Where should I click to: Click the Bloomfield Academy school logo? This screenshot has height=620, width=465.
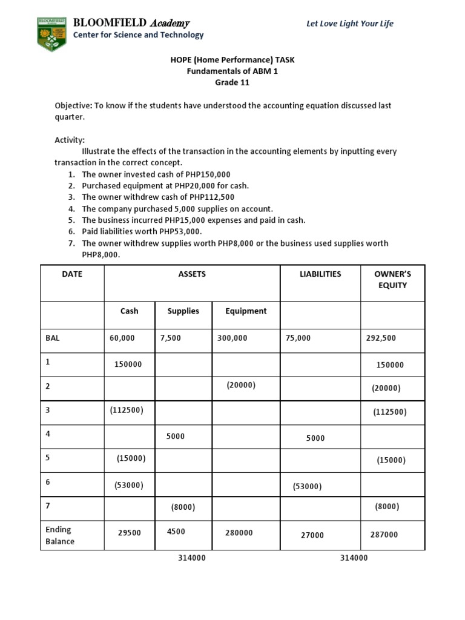pyautogui.click(x=51, y=34)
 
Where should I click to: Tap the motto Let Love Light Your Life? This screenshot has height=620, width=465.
pyautogui.click(x=349, y=24)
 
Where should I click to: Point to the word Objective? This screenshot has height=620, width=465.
pyautogui.click(x=73, y=105)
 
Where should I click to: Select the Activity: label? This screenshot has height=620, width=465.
pyautogui.click(x=70, y=140)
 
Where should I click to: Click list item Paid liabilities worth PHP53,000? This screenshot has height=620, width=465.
pyautogui.click(x=142, y=231)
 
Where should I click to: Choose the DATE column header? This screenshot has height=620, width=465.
pyautogui.click(x=72, y=274)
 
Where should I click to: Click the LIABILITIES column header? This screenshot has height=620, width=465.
pyautogui.click(x=320, y=274)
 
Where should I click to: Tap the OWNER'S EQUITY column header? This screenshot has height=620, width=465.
pyautogui.click(x=392, y=280)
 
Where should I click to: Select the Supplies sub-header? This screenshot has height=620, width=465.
pyautogui.click(x=183, y=311)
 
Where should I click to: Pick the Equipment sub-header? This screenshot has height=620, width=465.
pyautogui.click(x=246, y=311)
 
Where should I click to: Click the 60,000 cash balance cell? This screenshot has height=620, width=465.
pyautogui.click(x=122, y=338)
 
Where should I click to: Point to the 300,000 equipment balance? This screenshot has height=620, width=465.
pyautogui.click(x=232, y=338)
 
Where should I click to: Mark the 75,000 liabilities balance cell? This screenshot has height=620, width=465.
pyautogui.click(x=298, y=338)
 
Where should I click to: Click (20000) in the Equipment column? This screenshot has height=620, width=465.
pyautogui.click(x=241, y=385)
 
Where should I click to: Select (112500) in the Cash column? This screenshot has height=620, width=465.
pyautogui.click(x=127, y=410)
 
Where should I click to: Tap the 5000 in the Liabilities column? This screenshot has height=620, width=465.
pyautogui.click(x=315, y=438)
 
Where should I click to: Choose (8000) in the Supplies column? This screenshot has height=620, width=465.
pyautogui.click(x=183, y=507)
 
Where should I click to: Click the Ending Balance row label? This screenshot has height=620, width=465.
pyautogui.click(x=60, y=535)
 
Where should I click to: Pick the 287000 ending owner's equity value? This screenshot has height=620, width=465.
pyautogui.click(x=384, y=535)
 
